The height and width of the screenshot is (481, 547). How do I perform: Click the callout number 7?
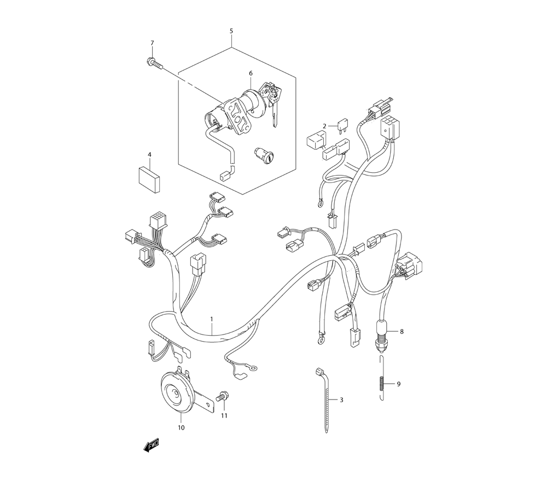pos(152,43)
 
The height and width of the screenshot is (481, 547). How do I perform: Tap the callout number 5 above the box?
pos(231,31)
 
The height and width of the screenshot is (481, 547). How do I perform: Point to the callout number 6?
pos(251,73)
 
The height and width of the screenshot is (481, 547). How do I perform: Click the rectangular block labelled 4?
pos(149,178)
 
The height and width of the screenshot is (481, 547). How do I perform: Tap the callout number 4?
pos(150,155)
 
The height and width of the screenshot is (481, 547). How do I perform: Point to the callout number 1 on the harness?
pos(212,319)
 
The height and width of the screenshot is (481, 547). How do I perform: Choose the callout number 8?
pos(401,331)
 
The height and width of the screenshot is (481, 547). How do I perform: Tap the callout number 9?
pos(399,384)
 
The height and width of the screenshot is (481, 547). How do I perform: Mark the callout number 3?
pos(341,400)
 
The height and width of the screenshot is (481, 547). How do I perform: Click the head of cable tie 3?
pos(319,372)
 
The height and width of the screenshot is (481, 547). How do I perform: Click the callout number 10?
pos(181,427)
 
